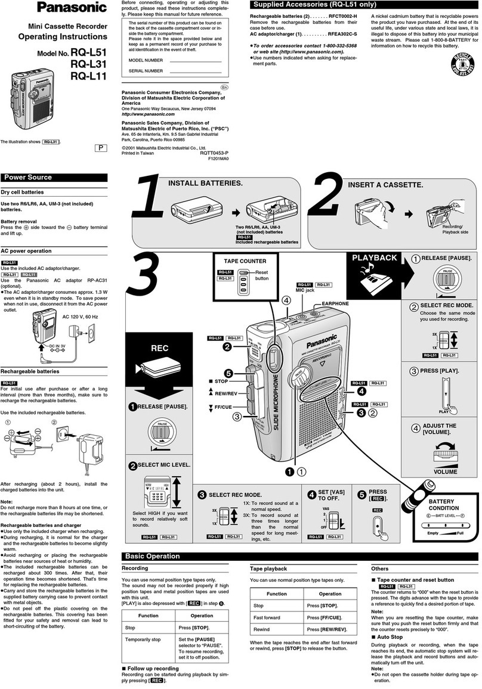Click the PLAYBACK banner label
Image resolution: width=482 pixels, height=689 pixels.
click(x=374, y=257)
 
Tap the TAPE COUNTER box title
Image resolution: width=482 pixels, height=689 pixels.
click(x=245, y=261)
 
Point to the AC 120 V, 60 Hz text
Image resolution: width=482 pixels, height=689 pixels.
click(x=80, y=316)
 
